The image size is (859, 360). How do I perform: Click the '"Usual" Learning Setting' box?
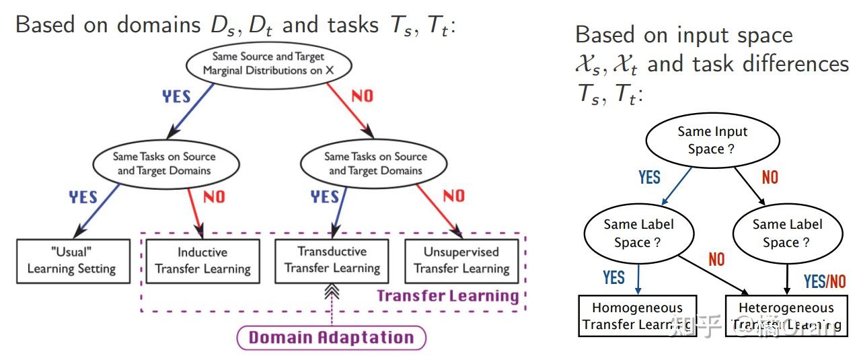(72, 260)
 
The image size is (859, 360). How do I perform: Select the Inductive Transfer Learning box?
(202, 260)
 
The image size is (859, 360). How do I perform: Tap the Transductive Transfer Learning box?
(332, 260)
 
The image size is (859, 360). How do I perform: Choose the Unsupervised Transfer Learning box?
(461, 260)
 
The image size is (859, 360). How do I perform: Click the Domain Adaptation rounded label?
(331, 337)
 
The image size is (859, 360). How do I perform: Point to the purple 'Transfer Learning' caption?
(447, 296)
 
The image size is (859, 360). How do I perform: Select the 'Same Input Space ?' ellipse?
(712, 140)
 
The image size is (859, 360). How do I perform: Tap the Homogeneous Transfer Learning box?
(637, 316)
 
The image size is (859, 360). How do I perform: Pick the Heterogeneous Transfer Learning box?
(786, 316)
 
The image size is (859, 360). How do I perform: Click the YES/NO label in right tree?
(825, 281)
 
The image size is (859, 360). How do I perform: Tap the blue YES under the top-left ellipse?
(177, 96)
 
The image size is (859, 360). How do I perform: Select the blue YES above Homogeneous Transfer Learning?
(613, 277)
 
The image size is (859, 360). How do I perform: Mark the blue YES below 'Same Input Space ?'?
(649, 177)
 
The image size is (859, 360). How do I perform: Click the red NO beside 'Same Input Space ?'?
(770, 177)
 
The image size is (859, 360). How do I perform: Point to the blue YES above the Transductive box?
(324, 196)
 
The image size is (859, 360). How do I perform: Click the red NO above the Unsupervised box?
(454, 196)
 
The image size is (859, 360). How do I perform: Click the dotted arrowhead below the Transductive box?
(331, 291)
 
